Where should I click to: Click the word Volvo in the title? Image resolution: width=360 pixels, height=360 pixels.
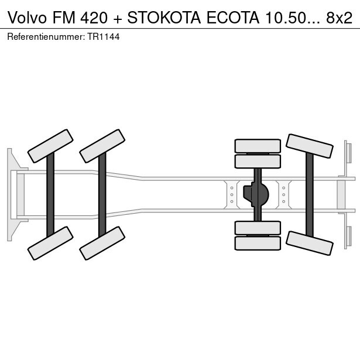point(27,18)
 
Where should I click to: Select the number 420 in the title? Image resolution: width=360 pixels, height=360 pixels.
point(94,18)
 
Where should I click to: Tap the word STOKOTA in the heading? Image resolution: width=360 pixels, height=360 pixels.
point(164,18)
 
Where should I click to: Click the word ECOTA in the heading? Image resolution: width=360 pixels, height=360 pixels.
point(233,18)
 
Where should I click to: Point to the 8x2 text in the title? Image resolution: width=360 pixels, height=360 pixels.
point(340,18)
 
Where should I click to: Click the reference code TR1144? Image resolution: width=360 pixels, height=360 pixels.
point(103,37)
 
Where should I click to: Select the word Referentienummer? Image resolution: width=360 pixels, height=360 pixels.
point(44,37)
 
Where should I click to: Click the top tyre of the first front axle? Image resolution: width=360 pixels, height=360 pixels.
point(50,146)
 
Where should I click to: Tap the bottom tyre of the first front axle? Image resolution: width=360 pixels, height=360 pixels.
point(50,243)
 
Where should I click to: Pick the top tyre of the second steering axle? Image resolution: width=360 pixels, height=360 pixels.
point(102,146)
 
